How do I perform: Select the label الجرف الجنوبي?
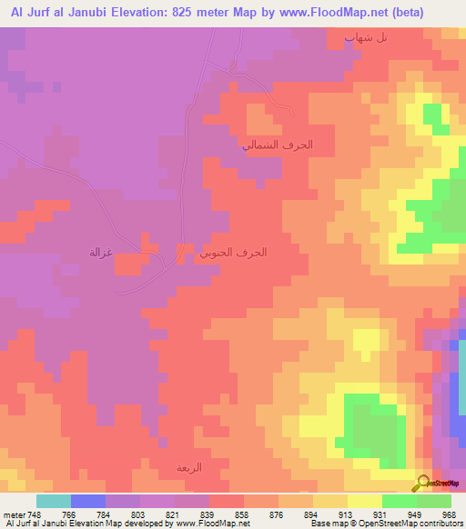[234, 253]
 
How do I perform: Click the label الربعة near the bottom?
[189, 467]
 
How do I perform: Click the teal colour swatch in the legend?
[53, 501]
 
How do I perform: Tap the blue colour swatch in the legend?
[87, 501]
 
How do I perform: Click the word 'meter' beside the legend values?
[13, 514]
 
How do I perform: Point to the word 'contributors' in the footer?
[441, 524]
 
